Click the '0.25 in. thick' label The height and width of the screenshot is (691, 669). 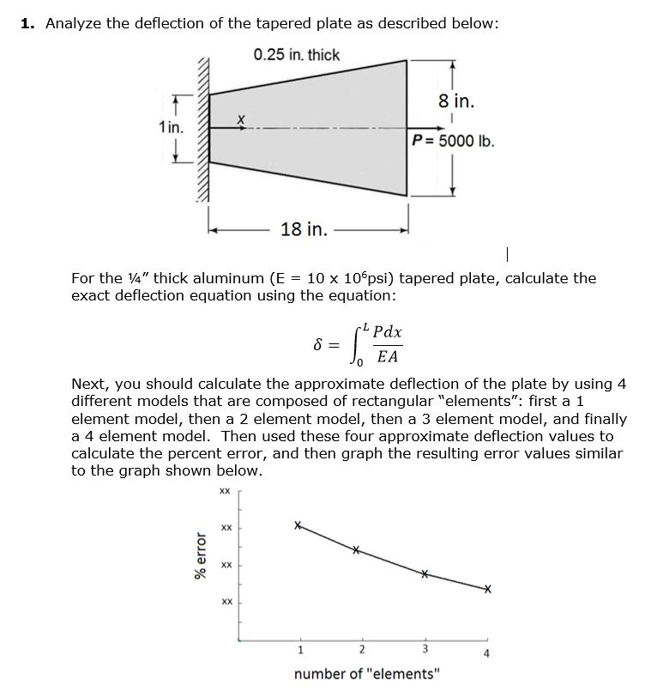(297, 55)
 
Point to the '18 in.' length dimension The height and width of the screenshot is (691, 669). (304, 229)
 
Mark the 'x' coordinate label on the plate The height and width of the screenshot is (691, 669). (241, 118)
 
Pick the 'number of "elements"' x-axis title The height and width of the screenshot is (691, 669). (365, 674)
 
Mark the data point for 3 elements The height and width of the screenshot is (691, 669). (424, 574)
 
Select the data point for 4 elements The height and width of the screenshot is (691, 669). (487, 590)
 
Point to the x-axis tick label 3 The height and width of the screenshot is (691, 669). (424, 648)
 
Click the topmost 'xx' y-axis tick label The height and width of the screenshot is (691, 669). (225, 492)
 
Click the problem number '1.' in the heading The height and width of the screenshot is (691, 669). (28, 23)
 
